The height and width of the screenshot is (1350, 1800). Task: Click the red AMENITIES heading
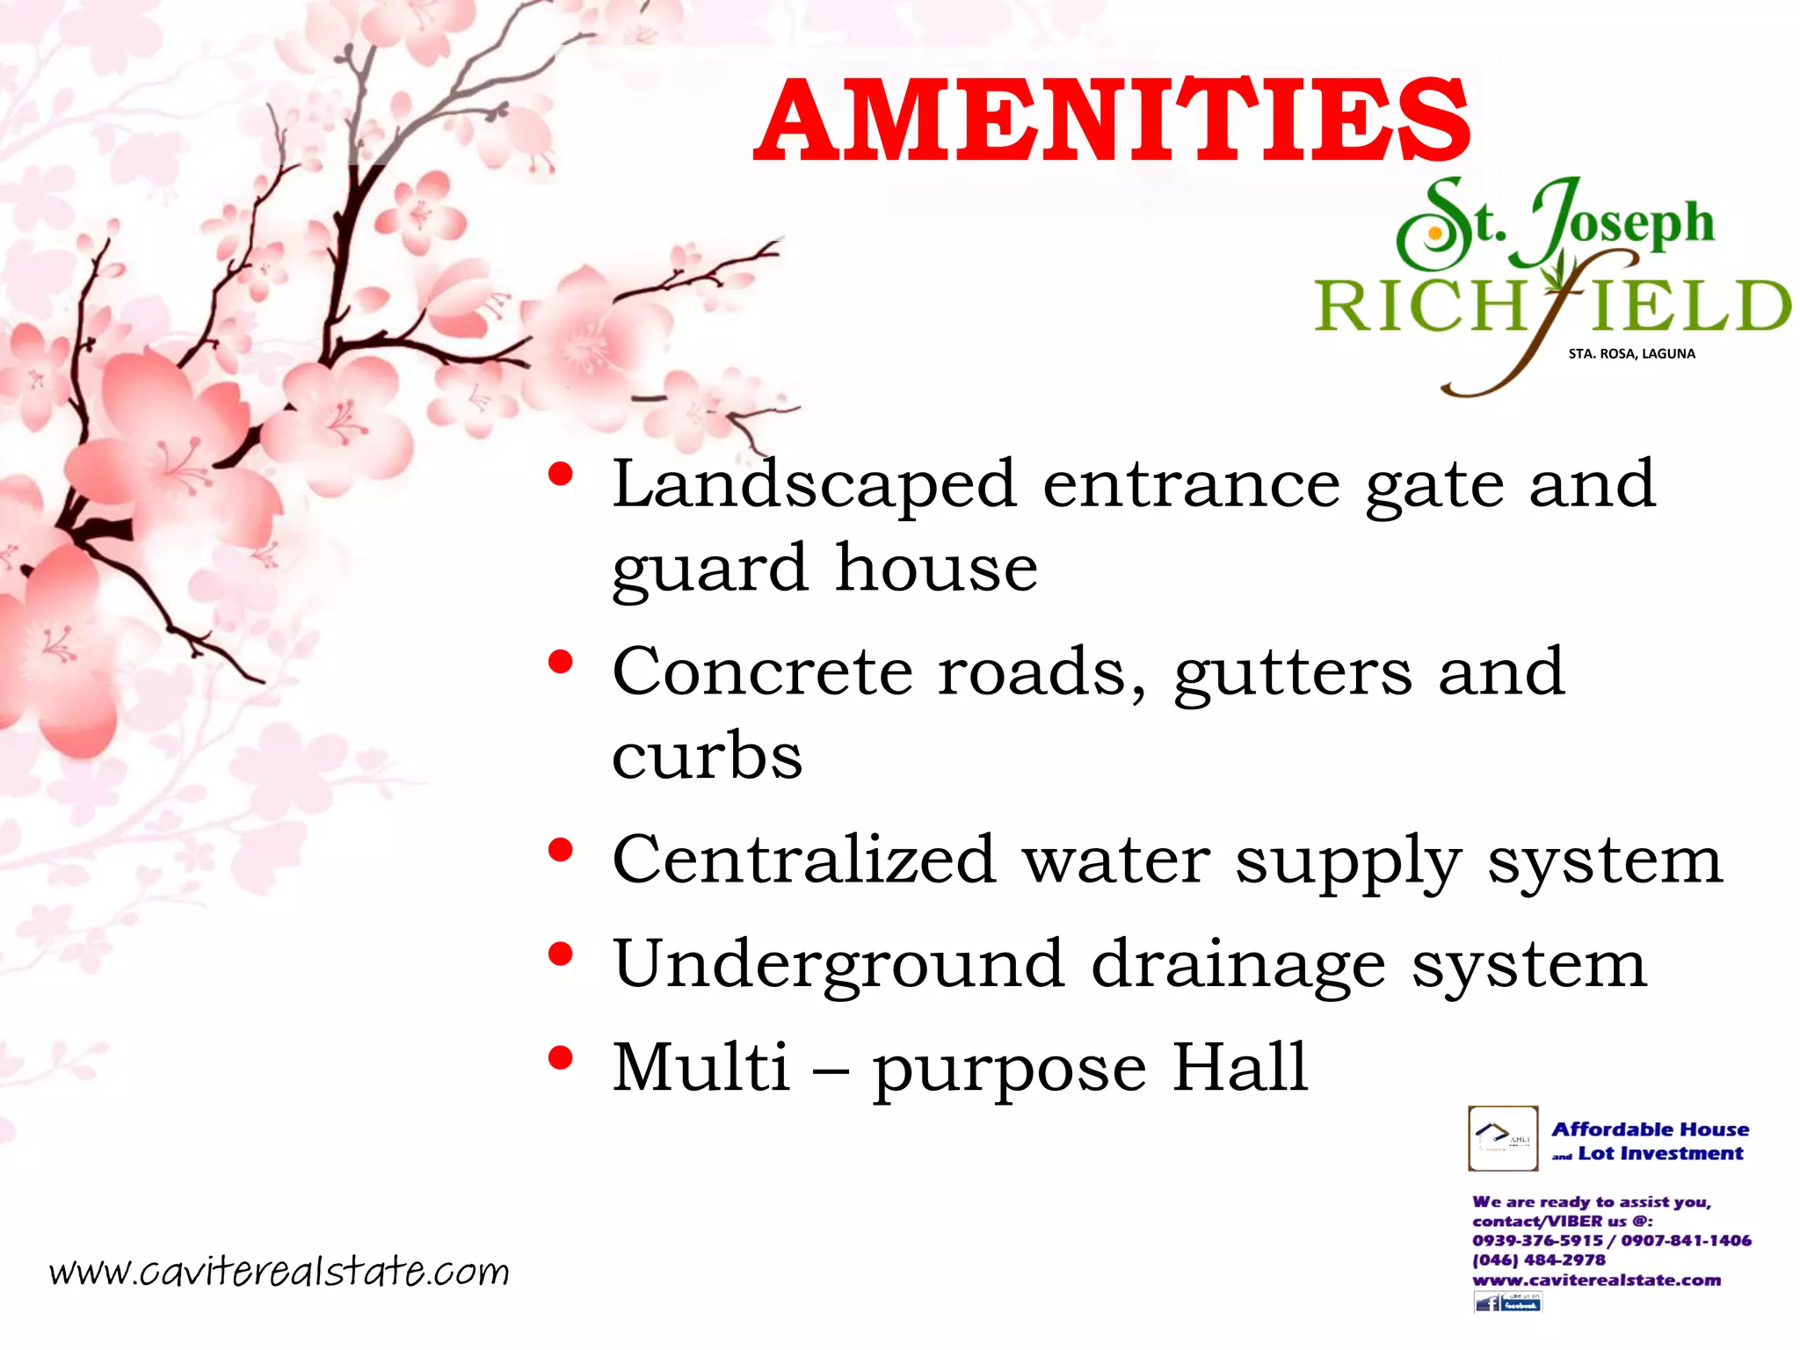coord(1112,120)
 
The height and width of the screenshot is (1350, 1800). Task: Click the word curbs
coord(708,755)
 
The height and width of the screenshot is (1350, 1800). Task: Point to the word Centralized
coord(804,859)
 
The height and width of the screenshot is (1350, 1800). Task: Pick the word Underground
coord(839,964)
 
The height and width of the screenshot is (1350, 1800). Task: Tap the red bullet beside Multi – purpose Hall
coord(560,1057)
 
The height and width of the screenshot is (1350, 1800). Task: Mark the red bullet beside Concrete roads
coord(560,662)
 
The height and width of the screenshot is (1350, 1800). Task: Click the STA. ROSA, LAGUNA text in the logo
coord(1631,354)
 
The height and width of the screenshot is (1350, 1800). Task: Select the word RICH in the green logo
coord(1419,307)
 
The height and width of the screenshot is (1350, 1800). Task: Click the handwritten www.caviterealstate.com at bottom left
coord(279,1271)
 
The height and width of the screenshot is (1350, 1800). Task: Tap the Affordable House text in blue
coord(1650,1129)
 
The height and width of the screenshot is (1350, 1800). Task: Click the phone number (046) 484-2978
coord(1538,1259)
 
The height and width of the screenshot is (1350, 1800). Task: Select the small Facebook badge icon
coord(1507,1303)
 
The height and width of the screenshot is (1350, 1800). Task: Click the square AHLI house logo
coord(1503,1138)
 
